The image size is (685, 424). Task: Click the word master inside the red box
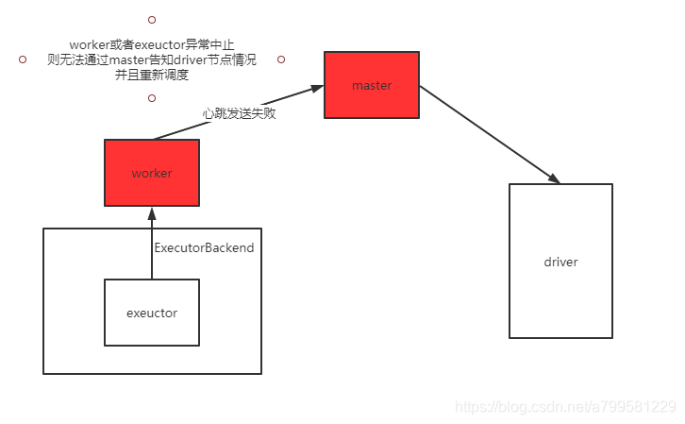372,86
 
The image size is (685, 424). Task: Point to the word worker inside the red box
151,174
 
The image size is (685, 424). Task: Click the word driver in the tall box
560,262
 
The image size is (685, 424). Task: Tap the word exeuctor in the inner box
151,313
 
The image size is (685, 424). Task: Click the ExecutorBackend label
204,247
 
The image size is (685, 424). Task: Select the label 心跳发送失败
239,113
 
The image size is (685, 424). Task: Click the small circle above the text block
152,19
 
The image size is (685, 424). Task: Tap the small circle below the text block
152,97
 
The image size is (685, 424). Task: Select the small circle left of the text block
23,59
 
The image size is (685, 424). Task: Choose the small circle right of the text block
281,59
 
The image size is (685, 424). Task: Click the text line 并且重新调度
151,74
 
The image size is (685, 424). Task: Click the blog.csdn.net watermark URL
565,407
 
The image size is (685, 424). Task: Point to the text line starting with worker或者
151,44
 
